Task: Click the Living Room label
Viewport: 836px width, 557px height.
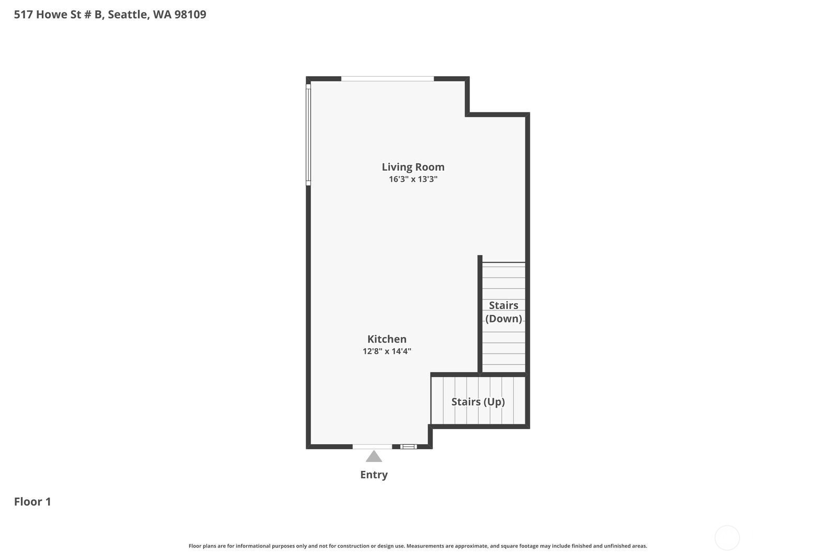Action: [413, 167]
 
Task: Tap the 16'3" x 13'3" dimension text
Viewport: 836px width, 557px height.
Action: [413, 179]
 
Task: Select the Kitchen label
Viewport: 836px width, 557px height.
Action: [387, 339]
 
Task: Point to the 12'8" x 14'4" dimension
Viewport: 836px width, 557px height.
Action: [387, 351]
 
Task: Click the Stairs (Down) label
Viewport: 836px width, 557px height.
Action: [504, 312]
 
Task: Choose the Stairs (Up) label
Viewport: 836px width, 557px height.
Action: [478, 401]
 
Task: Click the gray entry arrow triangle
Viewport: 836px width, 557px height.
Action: [374, 457]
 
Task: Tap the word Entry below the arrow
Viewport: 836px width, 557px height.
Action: [374, 475]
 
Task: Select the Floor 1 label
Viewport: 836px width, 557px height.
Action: [32, 502]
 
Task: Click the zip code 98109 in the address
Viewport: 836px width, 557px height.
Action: [190, 14]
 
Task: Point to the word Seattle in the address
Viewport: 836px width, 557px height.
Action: [128, 14]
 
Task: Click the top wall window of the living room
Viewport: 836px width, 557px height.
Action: [387, 79]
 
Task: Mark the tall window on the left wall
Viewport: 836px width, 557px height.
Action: [308, 135]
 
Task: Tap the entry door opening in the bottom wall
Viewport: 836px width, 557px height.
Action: [372, 446]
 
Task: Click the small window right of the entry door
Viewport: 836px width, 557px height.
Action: [408, 446]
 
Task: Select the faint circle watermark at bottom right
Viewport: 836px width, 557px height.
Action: [727, 538]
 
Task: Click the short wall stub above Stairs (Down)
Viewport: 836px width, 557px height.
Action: [480, 259]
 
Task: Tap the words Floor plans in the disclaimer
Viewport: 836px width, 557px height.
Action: [202, 546]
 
